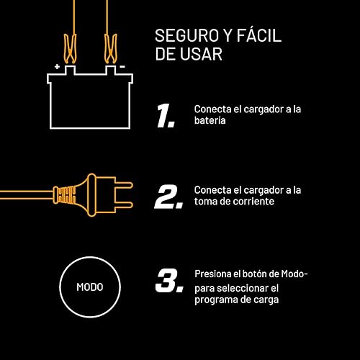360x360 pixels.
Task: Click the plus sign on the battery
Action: tap(57, 66)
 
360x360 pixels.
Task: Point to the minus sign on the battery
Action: tap(122, 66)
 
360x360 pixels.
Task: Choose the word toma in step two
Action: tap(207, 202)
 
